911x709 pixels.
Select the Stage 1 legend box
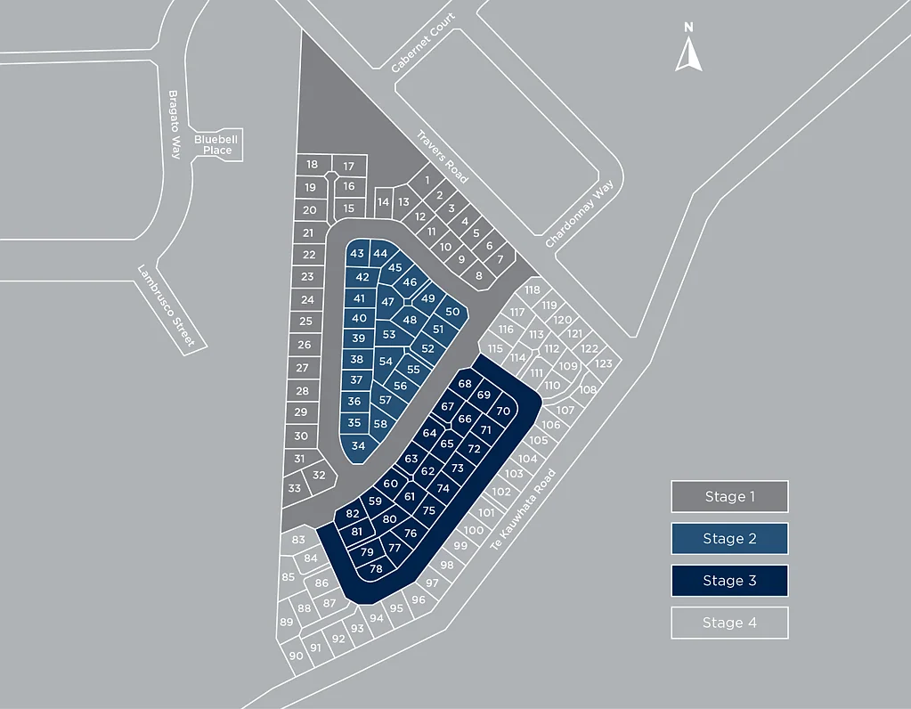[729, 496]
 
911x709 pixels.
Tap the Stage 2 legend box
[729, 539]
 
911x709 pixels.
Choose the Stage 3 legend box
[729, 581]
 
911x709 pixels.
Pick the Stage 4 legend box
[729, 623]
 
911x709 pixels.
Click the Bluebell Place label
[216, 144]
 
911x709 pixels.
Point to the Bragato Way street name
[175, 125]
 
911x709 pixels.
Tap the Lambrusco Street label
[167, 306]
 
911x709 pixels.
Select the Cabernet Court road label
[422, 43]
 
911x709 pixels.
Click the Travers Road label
[442, 157]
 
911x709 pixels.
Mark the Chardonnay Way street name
[579, 214]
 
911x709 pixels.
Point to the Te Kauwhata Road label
[523, 509]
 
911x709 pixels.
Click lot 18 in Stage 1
[313, 165]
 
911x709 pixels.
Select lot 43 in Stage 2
[357, 253]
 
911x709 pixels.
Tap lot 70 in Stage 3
[503, 412]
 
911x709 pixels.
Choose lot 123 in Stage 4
[604, 363]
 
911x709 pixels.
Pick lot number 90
[296, 656]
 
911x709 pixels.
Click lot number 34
[359, 445]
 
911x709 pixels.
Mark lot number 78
[376, 569]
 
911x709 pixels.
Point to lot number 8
[479, 276]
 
